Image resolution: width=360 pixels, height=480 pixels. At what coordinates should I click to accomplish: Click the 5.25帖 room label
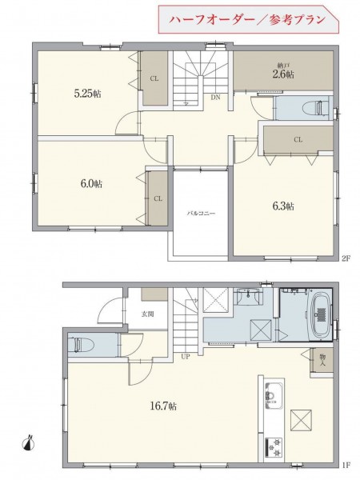(x=87, y=94)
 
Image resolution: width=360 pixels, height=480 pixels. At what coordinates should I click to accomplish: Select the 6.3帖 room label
(x=283, y=206)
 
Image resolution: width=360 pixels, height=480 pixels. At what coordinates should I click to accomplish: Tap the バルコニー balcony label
(x=201, y=213)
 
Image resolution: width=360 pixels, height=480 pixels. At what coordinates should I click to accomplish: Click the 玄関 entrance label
(x=147, y=314)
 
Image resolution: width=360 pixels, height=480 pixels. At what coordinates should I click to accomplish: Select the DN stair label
(x=215, y=98)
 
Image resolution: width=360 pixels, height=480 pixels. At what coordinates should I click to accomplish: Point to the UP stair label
(x=186, y=356)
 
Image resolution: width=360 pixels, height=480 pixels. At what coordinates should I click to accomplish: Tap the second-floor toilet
(x=314, y=108)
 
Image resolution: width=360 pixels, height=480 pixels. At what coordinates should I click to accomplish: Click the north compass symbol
(x=29, y=443)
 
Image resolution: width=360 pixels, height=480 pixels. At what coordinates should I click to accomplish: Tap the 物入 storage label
(x=322, y=360)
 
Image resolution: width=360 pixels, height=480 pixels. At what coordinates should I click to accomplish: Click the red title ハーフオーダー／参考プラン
(x=247, y=20)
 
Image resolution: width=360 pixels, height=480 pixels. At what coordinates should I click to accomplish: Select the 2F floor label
(x=346, y=258)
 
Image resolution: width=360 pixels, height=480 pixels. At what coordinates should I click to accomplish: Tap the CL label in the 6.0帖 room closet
(x=158, y=198)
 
